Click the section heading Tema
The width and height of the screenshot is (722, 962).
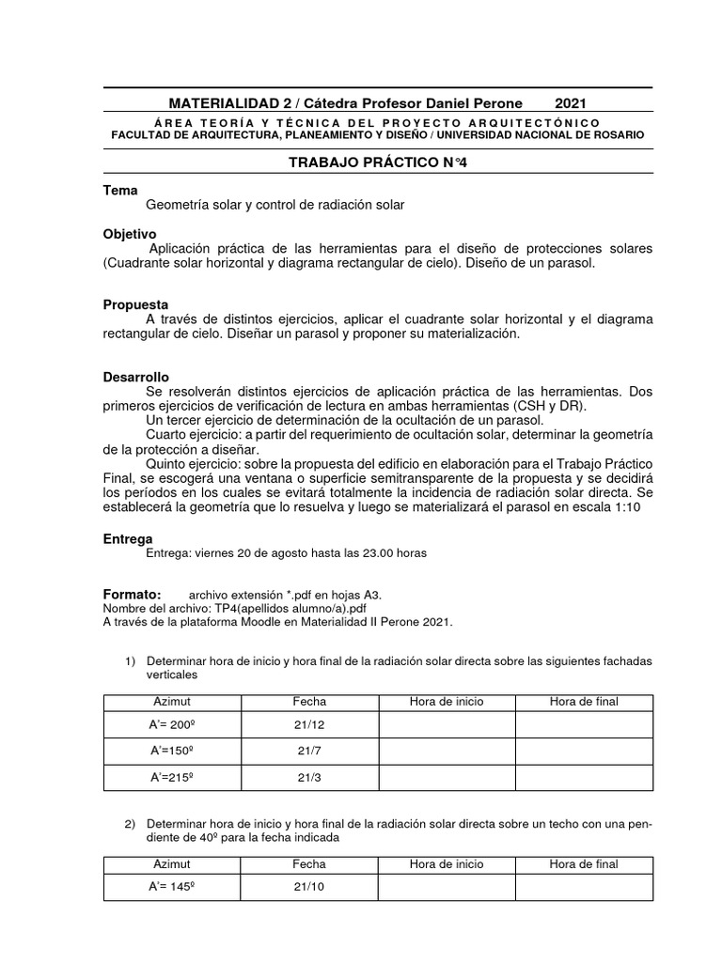pos(119,190)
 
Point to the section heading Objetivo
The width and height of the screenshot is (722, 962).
pos(130,233)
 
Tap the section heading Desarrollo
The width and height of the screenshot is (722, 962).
pos(135,376)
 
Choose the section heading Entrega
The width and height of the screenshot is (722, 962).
pos(127,539)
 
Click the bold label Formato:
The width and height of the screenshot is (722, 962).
pos(133,595)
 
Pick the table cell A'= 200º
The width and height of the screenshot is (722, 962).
pos(171,725)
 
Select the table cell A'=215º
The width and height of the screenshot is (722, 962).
pos(171,777)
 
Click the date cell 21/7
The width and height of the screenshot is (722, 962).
pos(309,752)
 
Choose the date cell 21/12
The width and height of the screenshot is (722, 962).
pos(309,725)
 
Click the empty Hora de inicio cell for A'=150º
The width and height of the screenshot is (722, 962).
pos(447,752)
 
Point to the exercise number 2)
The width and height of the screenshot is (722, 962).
pos(132,824)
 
